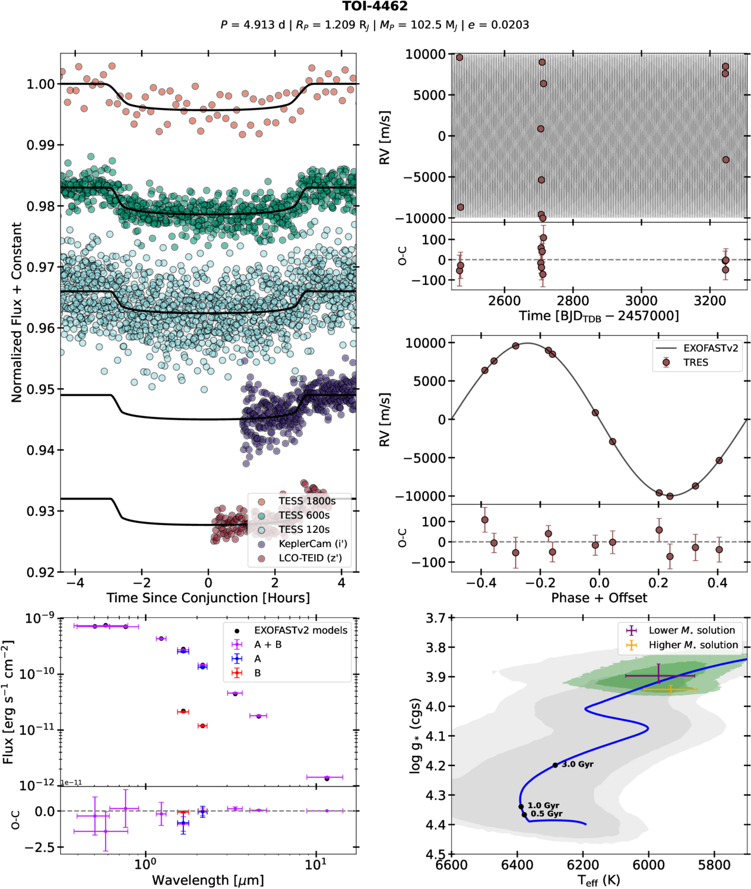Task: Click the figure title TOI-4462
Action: pyautogui.click(x=375, y=7)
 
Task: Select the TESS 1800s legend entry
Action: pyautogui.click(x=306, y=501)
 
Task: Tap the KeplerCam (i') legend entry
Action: pyautogui.click(x=312, y=544)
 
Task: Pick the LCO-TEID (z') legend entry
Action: pyautogui.click(x=310, y=558)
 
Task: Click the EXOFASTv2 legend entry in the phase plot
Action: pyautogui.click(x=710, y=348)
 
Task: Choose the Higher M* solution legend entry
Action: pyautogui.click(x=693, y=645)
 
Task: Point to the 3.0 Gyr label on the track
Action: pyautogui.click(x=577, y=764)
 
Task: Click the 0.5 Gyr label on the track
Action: pyautogui.click(x=546, y=814)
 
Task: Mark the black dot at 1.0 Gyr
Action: pyautogui.click(x=521, y=807)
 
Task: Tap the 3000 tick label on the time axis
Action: pyautogui.click(x=641, y=301)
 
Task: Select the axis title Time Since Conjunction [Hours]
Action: pyautogui.click(x=208, y=598)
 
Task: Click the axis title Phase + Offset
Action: pyautogui.click(x=599, y=598)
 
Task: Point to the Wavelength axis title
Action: pyautogui.click(x=208, y=880)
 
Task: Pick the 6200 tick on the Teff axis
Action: pyautogui.click(x=582, y=865)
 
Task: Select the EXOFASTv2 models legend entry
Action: pyautogui.click(x=300, y=630)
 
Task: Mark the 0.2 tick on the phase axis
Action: pyautogui.click(x=658, y=583)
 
